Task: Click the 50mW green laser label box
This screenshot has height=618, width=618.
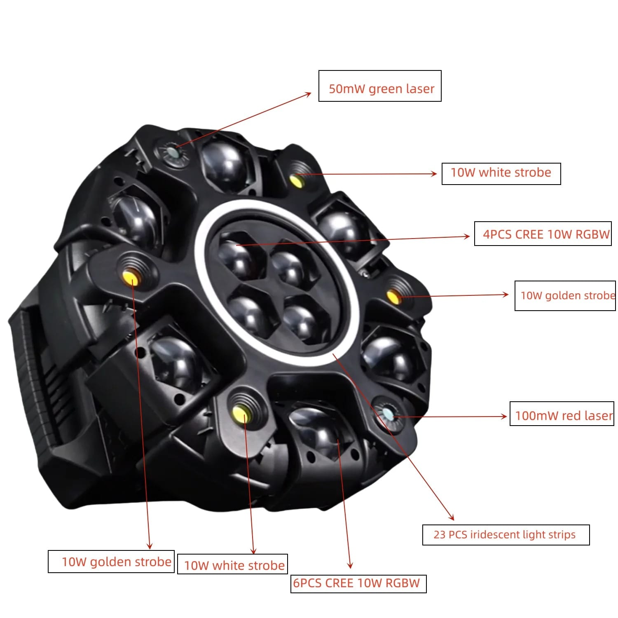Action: [x=379, y=86]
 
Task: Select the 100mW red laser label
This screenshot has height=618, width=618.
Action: [x=562, y=413]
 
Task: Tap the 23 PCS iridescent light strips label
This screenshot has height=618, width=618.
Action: [x=506, y=535]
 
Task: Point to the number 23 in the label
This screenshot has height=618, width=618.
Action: [x=439, y=535]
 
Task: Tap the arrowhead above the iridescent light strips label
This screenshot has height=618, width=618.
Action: [x=452, y=517]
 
